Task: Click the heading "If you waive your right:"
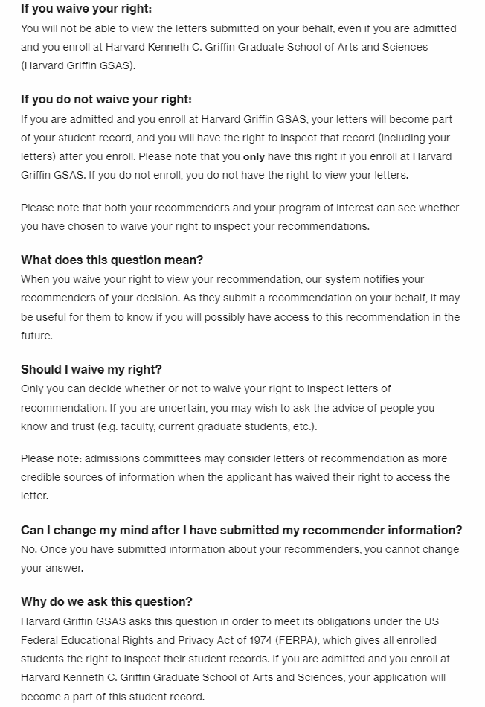(x=86, y=9)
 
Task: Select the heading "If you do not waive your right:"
(x=106, y=99)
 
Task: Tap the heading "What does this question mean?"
(x=112, y=260)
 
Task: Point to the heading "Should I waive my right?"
(x=91, y=369)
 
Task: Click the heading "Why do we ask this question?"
(x=106, y=601)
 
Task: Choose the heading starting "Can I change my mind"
(x=241, y=530)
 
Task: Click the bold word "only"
(x=254, y=157)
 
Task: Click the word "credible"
(x=43, y=477)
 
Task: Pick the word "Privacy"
(x=180, y=640)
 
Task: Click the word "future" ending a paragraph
(x=36, y=336)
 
